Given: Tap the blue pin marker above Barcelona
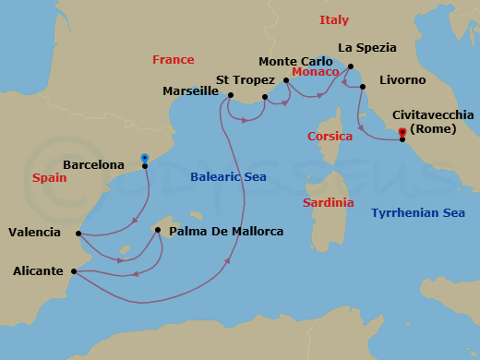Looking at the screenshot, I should click(144, 158).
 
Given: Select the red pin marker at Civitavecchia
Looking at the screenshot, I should click(402, 133).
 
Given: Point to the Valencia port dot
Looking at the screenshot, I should click(78, 234).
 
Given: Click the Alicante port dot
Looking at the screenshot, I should click(72, 271).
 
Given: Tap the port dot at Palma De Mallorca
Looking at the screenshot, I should click(158, 231).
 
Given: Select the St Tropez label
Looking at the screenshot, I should click(242, 79).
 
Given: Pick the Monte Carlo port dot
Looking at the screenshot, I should click(286, 79).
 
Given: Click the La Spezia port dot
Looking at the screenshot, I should click(351, 66).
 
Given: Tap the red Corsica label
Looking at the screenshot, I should click(330, 137).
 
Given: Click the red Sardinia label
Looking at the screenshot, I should click(329, 202).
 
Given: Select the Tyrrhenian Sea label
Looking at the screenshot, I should click(417, 213).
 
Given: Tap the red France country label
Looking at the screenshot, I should click(173, 60).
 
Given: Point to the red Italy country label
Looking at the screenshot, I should click(334, 20).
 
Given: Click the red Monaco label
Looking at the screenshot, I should click(315, 72).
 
